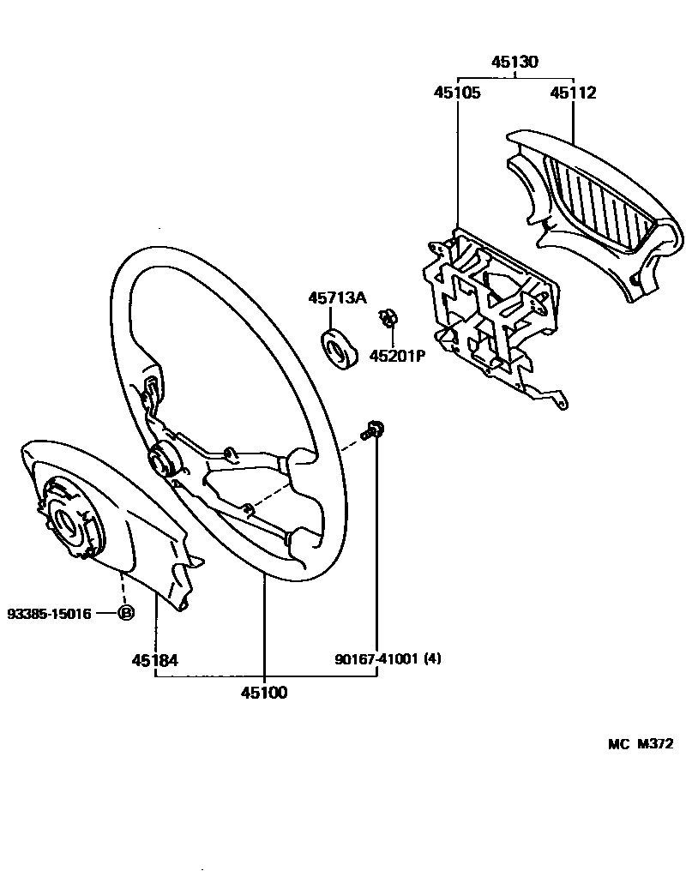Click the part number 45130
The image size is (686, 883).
click(x=514, y=62)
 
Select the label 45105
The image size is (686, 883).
click(x=456, y=93)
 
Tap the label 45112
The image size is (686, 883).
click(x=573, y=93)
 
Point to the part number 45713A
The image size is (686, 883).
click(x=337, y=297)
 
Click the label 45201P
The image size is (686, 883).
click(x=397, y=355)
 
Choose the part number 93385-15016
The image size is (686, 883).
click(x=48, y=613)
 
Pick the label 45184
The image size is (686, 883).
click(x=154, y=660)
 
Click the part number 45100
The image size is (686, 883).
click(x=264, y=693)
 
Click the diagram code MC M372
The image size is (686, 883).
click(x=635, y=744)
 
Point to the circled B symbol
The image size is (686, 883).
click(x=125, y=613)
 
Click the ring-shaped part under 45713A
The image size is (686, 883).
click(x=338, y=350)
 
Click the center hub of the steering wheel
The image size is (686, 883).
click(x=163, y=461)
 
